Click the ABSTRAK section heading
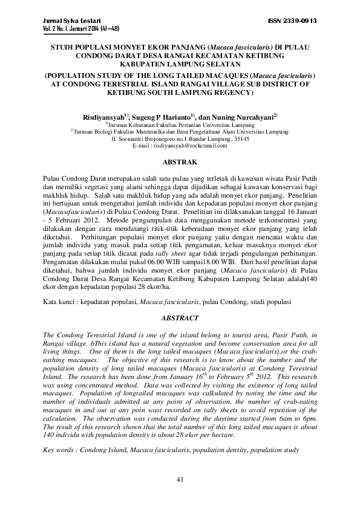click(180, 163)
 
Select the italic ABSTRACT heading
click(180, 317)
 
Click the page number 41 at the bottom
click(180, 479)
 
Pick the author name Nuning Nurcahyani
click(248, 115)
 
